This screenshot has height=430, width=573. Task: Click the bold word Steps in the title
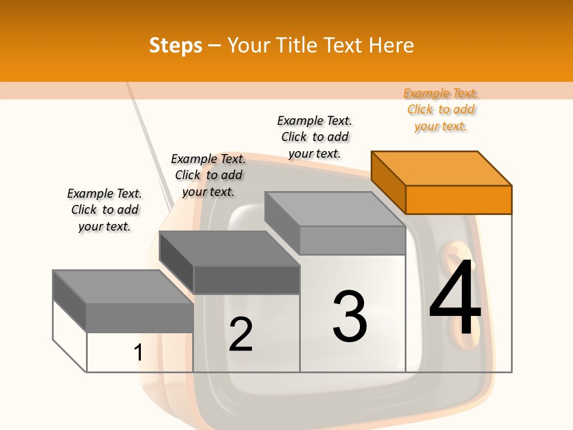175,45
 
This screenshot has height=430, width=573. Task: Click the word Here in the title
391,45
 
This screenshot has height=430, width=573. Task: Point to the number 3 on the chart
349,317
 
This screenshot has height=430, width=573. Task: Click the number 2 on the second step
241,334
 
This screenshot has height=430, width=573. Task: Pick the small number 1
138,352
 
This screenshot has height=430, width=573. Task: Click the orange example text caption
440,109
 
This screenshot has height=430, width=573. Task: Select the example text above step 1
104,210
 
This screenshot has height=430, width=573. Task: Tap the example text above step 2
208,175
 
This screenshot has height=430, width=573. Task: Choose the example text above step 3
315,137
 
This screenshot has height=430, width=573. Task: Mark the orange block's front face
458,199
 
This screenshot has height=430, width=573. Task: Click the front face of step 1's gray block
140,317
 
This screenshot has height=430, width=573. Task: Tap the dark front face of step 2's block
246,279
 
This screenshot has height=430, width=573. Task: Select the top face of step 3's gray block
334,209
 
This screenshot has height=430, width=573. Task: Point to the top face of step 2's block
229,248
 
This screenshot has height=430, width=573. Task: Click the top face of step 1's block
123,287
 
